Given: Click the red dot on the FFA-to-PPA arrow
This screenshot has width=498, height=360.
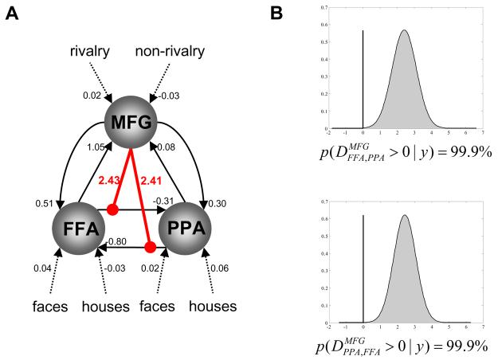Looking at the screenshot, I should (112, 209).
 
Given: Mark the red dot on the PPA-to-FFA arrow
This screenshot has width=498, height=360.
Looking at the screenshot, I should (149, 247).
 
